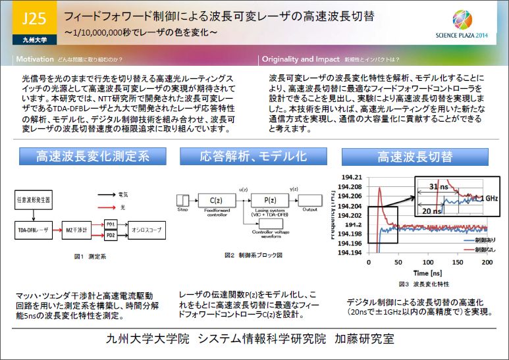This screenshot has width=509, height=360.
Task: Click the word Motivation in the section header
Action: pos(34,59)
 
